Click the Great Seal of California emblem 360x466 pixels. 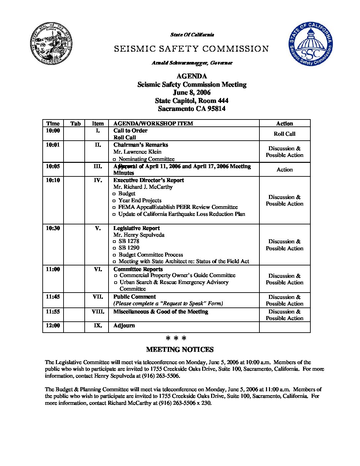[x=52, y=44]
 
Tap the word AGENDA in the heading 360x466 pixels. [x=192, y=76]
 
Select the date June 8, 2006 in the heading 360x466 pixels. [x=192, y=93]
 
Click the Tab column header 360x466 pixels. [x=75, y=123]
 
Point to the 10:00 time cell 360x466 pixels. [x=53, y=131]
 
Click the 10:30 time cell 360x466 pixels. [x=53, y=228]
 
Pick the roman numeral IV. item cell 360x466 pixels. [x=98, y=180]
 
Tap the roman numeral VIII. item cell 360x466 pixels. [x=98, y=312]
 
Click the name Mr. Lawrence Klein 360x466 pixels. [x=137, y=152]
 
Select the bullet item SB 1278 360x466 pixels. [x=129, y=241]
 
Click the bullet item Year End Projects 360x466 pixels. [x=140, y=201]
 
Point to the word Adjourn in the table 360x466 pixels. [x=124, y=326]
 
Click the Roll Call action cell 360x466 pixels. [x=285, y=134]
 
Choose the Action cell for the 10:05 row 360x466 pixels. [x=285, y=169]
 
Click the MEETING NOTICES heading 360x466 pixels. [x=180, y=350]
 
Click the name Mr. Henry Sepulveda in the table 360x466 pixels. [x=139, y=235]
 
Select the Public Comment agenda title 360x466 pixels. [x=134, y=297]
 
